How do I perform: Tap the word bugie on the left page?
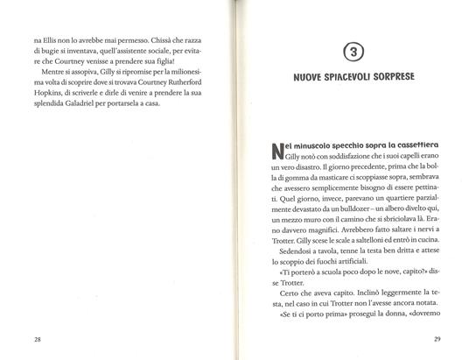46,53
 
